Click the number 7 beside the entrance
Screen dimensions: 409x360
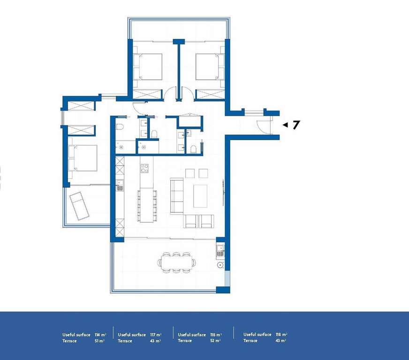(296, 125)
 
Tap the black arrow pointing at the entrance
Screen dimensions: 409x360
(285, 125)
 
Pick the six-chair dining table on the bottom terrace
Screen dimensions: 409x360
(176, 262)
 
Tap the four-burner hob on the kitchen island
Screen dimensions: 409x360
(144, 168)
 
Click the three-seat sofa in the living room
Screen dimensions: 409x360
(177, 196)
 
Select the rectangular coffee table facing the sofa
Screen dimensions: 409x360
(200, 196)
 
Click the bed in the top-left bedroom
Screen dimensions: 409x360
(148, 67)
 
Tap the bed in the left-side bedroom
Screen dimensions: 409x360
(83, 158)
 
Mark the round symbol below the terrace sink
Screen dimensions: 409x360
(220, 265)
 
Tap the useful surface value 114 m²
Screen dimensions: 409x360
(100, 335)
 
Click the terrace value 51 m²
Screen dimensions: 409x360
(99, 341)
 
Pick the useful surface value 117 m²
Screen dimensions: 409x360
(156, 335)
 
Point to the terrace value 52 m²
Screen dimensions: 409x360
(215, 341)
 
